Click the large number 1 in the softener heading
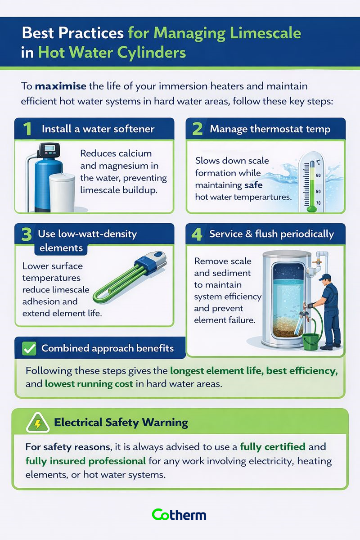pyautogui.click(x=27, y=129)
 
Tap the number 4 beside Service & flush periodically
pyautogui.click(x=197, y=234)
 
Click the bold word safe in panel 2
pyautogui.click(x=253, y=185)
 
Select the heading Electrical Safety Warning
pyautogui.click(x=121, y=423)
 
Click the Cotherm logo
pyautogui.click(x=179, y=515)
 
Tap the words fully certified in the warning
pyautogui.click(x=273, y=447)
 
